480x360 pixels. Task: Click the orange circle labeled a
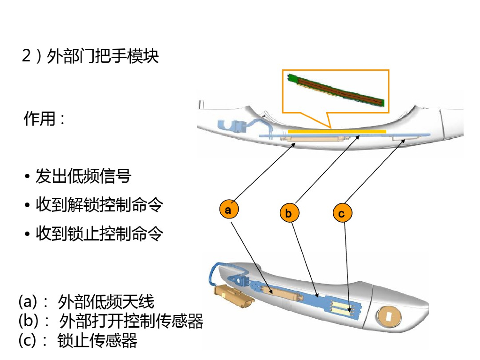click(x=228, y=210)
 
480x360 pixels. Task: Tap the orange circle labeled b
click(x=288, y=214)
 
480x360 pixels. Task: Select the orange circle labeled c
click(x=342, y=214)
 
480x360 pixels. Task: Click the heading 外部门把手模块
click(x=103, y=56)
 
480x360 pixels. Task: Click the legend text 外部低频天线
click(x=106, y=302)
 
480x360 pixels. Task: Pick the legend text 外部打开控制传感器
click(x=131, y=322)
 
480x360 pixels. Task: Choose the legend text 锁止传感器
click(x=97, y=341)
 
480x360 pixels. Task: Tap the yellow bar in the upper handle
click(x=337, y=132)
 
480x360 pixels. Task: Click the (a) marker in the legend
click(x=28, y=301)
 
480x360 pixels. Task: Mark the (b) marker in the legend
click(x=28, y=322)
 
